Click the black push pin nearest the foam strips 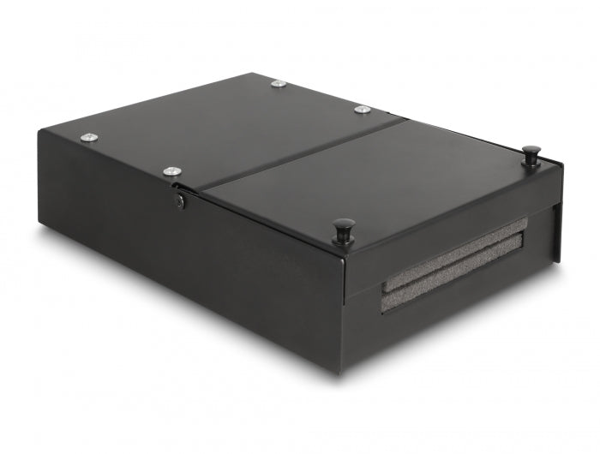(x=345, y=227)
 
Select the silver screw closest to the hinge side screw (x=172, y=172)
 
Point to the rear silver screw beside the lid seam (x=362, y=110)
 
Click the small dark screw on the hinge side (x=180, y=203)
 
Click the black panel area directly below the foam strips (x=454, y=321)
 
